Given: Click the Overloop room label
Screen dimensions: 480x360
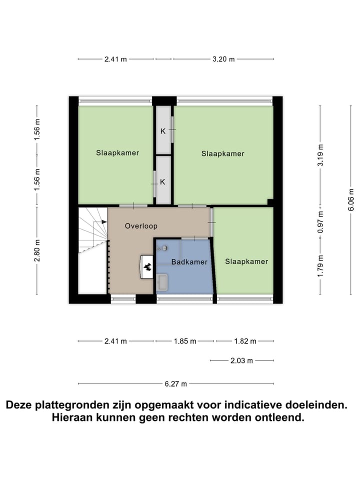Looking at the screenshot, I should [140, 225].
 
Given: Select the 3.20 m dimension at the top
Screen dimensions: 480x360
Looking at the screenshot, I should [223, 59].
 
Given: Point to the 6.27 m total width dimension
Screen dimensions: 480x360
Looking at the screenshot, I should [175, 384].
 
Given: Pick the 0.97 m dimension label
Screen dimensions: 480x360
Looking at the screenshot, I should [321, 221].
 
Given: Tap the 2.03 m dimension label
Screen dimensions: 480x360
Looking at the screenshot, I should [242, 360].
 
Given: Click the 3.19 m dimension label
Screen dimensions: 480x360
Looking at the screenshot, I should [321, 155].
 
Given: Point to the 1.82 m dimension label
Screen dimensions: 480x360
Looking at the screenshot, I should [245, 341].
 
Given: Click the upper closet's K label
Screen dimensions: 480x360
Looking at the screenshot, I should [162, 131].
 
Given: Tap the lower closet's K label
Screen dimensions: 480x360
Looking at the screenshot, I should [162, 182].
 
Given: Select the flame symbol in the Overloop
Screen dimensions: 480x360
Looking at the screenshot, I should [148, 267].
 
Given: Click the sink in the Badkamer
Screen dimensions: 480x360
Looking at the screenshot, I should [162, 281].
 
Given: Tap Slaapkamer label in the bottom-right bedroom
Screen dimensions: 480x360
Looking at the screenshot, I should [246, 261].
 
